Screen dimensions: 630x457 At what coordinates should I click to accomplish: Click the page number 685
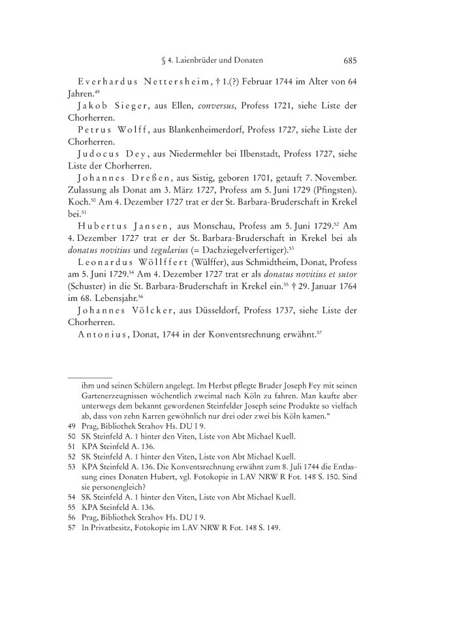349,61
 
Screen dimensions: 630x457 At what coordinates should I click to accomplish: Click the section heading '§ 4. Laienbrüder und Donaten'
212,61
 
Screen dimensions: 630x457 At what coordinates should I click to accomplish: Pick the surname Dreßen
145,177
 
